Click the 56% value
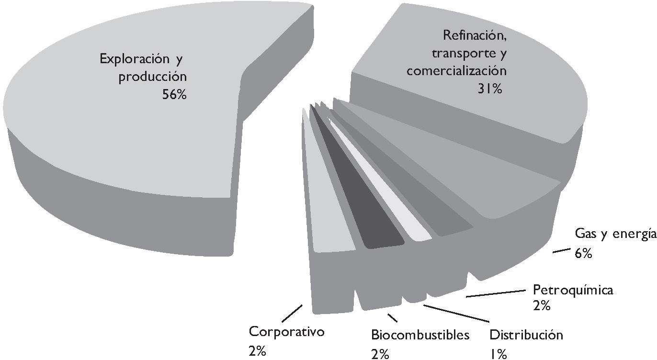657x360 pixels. click(174, 95)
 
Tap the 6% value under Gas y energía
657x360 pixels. click(584, 253)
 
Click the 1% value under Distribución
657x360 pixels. click(498, 354)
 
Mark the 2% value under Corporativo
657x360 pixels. click(257, 351)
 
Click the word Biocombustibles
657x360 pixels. click(420, 335)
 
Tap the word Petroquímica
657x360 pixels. click(573, 290)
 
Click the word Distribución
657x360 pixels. click(526, 335)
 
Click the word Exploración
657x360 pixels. click(128, 59)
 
